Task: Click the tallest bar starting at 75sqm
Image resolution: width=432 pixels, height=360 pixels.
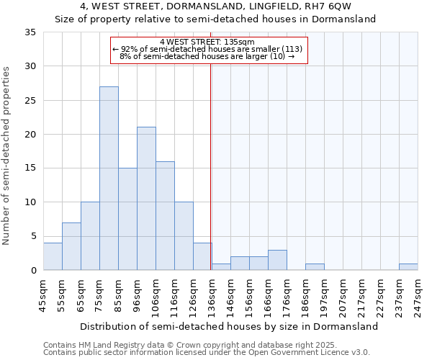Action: click(109, 179)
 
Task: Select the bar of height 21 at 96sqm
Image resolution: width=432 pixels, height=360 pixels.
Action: click(146, 199)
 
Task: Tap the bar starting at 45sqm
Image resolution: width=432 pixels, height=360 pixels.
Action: click(53, 256)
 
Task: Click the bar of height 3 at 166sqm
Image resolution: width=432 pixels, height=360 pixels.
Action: click(277, 260)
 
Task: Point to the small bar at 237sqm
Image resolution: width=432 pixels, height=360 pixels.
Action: click(408, 266)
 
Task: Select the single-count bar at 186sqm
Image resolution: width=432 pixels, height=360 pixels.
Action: click(315, 266)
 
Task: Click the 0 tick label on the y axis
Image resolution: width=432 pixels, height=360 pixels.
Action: click(32, 270)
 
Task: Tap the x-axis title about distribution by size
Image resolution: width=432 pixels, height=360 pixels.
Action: click(229, 326)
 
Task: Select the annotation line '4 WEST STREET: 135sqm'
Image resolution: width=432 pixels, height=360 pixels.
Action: click(208, 42)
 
